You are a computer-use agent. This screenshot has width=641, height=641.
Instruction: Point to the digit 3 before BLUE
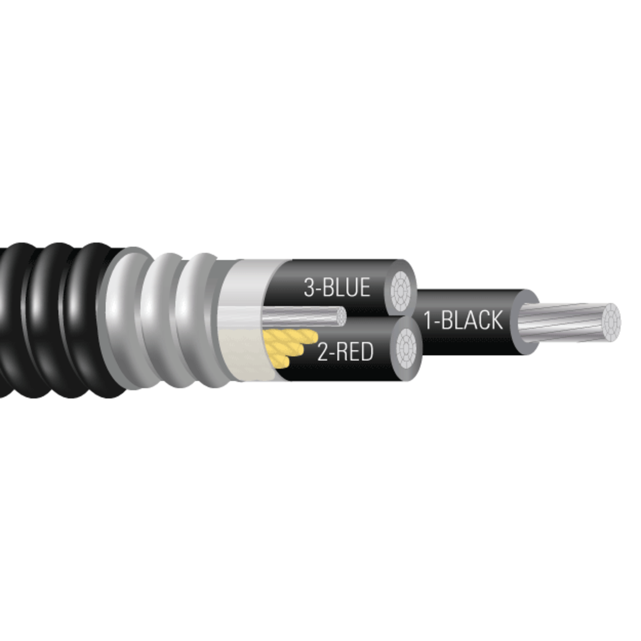(x=308, y=287)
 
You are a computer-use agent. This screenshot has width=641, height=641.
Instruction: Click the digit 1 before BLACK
(x=427, y=320)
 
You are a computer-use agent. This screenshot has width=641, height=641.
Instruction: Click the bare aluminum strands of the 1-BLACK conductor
(x=566, y=322)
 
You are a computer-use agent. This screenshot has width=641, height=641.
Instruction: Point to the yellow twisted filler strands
(x=286, y=346)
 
